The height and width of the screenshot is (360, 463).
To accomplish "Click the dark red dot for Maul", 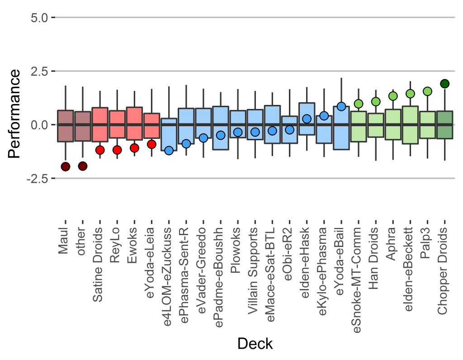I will click(66, 167).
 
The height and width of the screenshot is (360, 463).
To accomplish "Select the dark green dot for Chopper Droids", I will click(444, 84).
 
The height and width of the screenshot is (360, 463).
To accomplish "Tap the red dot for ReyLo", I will click(117, 150).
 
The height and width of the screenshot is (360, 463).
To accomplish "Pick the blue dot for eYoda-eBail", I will click(341, 107).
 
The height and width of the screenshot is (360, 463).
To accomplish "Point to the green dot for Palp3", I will click(427, 91).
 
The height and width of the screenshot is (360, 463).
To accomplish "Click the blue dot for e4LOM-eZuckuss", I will click(169, 151).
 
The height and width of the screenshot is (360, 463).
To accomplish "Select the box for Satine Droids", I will click(100, 124).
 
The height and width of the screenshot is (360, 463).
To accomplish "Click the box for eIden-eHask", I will click(307, 118).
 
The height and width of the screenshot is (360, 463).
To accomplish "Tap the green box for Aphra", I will click(393, 124).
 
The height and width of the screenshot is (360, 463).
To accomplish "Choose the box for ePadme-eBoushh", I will click(221, 128).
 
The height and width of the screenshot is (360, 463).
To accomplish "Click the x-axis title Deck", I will click(255, 344).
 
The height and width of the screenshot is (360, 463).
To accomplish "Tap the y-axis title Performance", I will click(14, 114).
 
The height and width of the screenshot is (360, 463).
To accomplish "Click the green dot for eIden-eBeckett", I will click(410, 94).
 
